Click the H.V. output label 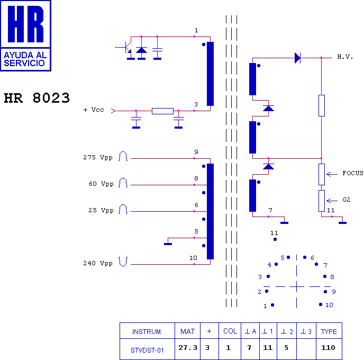point(345,57)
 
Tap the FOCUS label point(352,173)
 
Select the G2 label point(346,200)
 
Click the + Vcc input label point(94,110)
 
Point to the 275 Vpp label point(98,157)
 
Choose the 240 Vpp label point(98,263)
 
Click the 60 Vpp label point(101,184)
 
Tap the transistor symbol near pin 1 point(126,48)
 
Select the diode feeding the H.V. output point(297,58)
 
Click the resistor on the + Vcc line point(162,111)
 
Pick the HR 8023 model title point(37,98)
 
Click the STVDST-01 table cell point(147,350)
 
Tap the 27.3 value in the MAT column point(188,348)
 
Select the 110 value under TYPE point(328,348)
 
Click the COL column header point(230,331)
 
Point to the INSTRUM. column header point(147,331)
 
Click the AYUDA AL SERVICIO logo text point(25,59)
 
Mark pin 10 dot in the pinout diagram point(321,304)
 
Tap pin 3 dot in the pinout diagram point(268,276)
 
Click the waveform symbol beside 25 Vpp point(123,209)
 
